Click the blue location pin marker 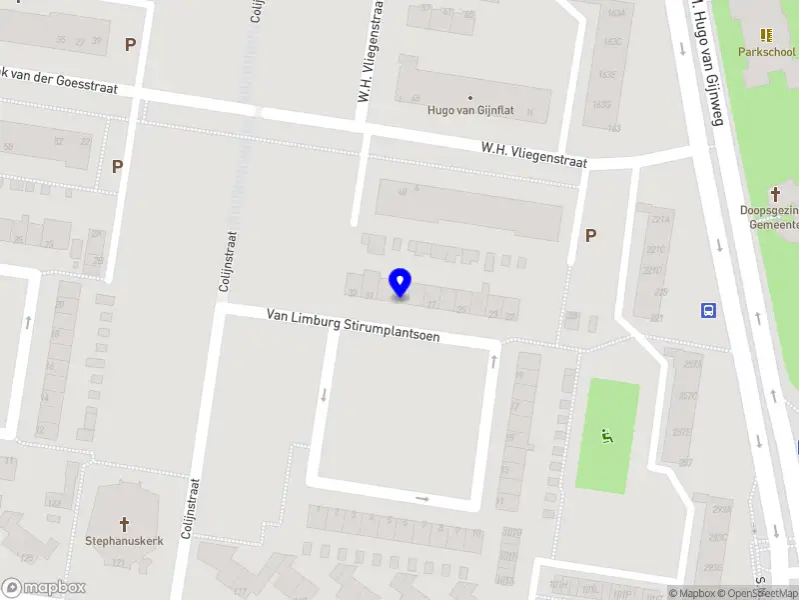pyautogui.click(x=400, y=282)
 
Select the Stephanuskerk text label pyautogui.click(x=123, y=541)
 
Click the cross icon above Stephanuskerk pyautogui.click(x=124, y=523)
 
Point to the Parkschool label pyautogui.click(x=767, y=51)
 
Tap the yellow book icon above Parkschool pyautogui.click(x=767, y=35)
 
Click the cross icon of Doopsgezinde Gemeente pyautogui.click(x=776, y=193)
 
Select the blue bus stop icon pyautogui.click(x=709, y=310)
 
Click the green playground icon pyautogui.click(x=605, y=435)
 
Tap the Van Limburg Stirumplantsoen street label pyautogui.click(x=353, y=326)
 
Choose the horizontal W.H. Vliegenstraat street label pyautogui.click(x=533, y=154)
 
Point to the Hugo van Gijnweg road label pyautogui.click(x=704, y=62)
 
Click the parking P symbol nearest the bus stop pyautogui.click(x=590, y=235)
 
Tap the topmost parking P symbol pyautogui.click(x=130, y=44)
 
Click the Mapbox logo pyautogui.click(x=44, y=588)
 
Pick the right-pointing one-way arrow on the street pyautogui.click(x=421, y=498)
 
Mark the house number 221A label pyautogui.click(x=659, y=219)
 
